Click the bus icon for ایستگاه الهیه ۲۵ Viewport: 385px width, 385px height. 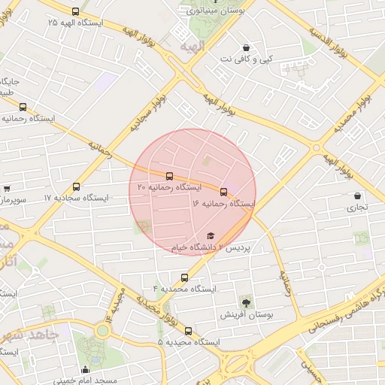[x=74, y=11]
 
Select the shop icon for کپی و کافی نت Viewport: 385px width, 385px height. [x=246, y=47]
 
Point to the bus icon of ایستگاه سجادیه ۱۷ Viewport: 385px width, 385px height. [x=76, y=186]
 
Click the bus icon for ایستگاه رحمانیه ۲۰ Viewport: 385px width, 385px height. [x=168, y=176]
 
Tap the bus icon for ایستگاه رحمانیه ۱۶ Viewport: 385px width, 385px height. [x=223, y=192]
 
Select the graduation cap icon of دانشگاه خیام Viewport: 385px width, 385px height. [x=210, y=235]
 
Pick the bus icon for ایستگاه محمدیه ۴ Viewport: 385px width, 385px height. [x=185, y=277]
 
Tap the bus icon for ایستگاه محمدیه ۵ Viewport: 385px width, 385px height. [x=188, y=331]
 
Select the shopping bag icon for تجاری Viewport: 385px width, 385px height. [x=357, y=196]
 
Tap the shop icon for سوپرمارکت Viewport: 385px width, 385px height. [x=7, y=189]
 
